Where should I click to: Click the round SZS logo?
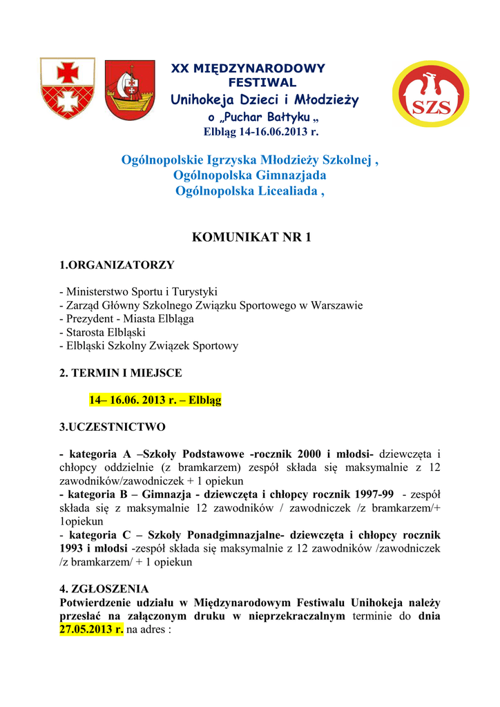(430, 95)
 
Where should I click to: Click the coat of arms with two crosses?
(68, 88)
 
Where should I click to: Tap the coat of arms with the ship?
(130, 90)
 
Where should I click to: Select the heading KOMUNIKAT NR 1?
(250, 238)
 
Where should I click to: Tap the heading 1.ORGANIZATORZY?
(117, 265)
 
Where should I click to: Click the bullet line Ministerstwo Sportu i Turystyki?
(138, 292)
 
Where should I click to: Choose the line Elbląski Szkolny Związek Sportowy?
(148, 346)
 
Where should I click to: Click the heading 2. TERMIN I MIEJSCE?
(121, 373)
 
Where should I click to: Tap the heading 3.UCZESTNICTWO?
(113, 427)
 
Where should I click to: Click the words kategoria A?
(99, 454)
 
